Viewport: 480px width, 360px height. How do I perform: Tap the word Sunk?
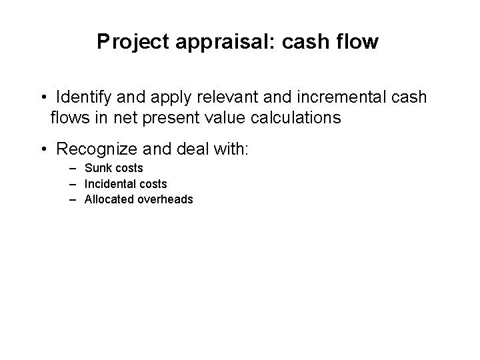(x=97, y=169)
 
